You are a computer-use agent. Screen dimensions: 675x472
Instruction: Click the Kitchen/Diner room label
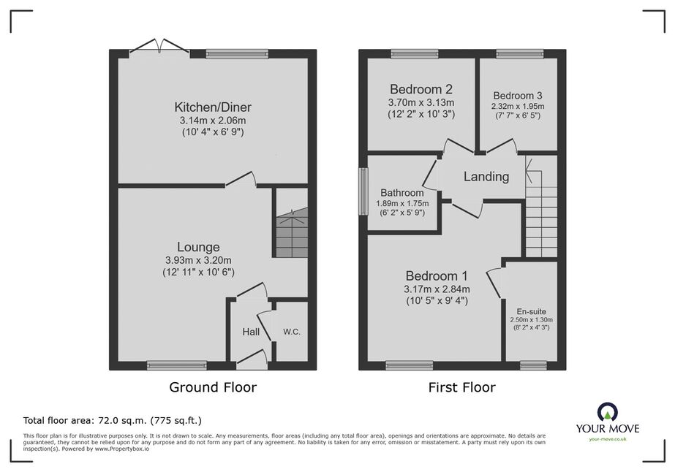point(213,107)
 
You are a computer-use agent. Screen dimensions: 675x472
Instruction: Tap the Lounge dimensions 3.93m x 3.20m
point(198,260)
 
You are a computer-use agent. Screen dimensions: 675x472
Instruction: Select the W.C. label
point(292,332)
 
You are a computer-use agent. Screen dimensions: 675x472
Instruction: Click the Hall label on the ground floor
point(251,332)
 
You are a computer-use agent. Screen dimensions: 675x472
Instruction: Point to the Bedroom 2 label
point(421,89)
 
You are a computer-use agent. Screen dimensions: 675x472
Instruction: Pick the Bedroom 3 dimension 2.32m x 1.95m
point(518,106)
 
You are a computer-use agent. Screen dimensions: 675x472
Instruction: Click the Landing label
point(486,176)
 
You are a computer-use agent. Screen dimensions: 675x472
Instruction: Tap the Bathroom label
point(402,193)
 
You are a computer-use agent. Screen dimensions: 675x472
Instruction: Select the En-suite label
point(531,311)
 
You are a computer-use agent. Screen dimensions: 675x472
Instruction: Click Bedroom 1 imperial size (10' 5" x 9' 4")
point(437,301)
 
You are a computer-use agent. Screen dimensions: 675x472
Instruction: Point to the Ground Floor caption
point(213,387)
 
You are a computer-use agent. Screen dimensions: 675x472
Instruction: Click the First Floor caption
point(462,387)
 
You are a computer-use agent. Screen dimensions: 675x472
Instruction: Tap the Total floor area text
point(113,420)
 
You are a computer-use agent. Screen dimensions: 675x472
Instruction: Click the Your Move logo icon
point(608,413)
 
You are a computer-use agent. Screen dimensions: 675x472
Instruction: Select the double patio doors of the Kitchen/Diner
point(159,48)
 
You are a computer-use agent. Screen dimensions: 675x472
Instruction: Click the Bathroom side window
point(363,191)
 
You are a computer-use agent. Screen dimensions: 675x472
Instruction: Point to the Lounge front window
point(177,366)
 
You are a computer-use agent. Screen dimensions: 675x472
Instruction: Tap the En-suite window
point(533,366)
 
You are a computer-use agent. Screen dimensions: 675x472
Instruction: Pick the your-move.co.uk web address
point(608,439)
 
